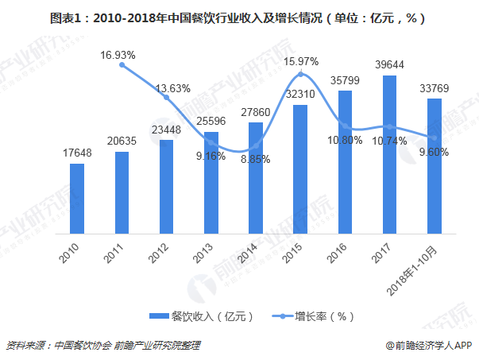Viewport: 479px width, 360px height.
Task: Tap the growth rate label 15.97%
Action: tap(301, 61)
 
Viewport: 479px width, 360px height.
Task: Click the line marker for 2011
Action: tap(122, 65)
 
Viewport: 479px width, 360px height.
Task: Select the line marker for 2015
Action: tap(300, 75)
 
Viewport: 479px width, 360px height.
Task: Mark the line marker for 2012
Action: tap(167, 97)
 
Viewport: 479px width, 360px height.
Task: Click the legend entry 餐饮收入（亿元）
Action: tap(203, 315)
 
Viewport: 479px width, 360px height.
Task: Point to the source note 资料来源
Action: tap(102, 346)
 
